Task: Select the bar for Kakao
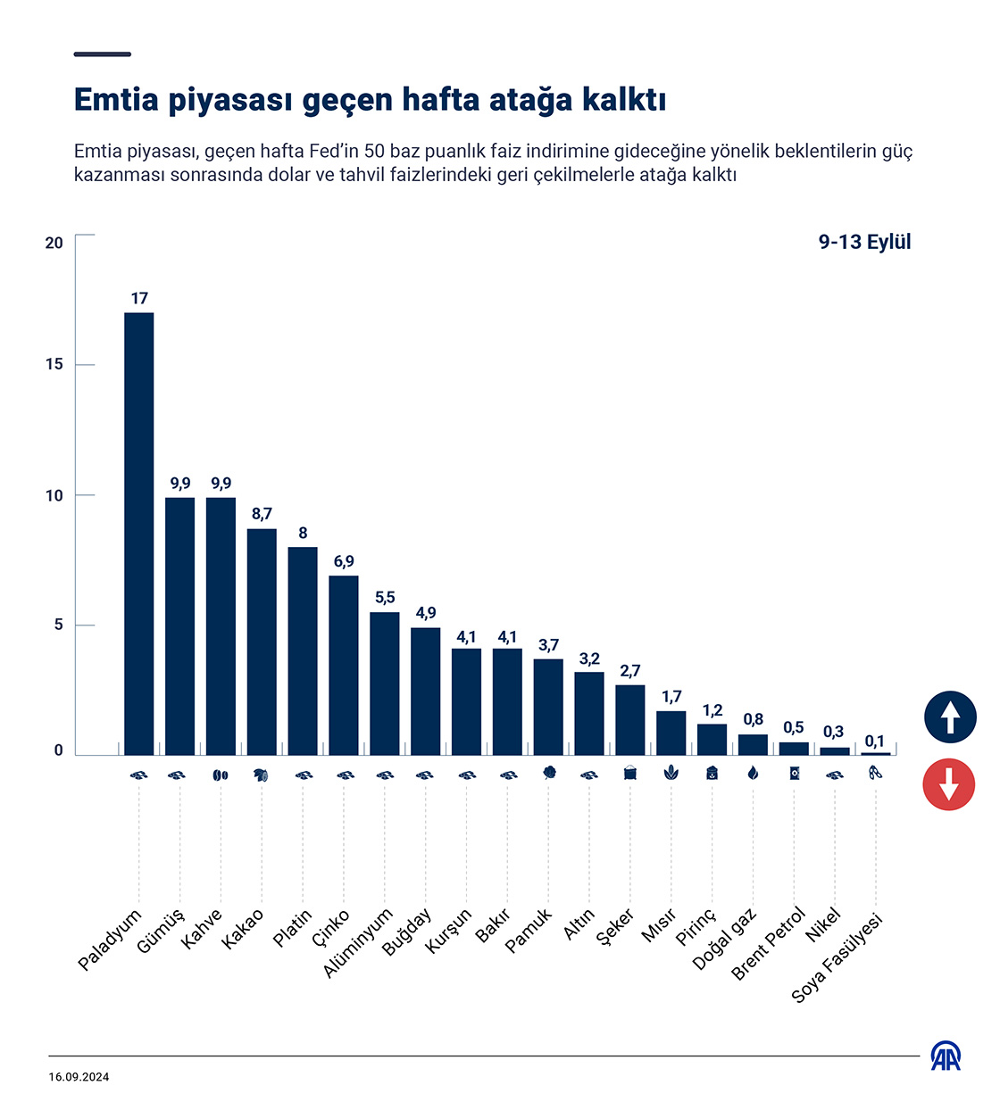point(262,642)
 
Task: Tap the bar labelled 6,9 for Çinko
point(344,665)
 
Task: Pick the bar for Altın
point(589,713)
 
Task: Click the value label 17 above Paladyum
point(139,299)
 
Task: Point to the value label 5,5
point(385,598)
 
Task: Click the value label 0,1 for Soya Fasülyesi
point(875,741)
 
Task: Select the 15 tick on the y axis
point(54,365)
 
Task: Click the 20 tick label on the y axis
point(54,243)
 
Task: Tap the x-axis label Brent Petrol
point(769,943)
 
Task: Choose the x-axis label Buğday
point(407,932)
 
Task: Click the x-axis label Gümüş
point(161,931)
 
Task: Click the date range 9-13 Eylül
point(864,242)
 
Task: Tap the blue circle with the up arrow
point(949,717)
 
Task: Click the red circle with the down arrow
point(949,784)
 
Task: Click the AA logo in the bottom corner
point(946,1056)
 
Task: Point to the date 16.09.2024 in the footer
point(79,1077)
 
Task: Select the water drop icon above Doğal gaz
point(753,774)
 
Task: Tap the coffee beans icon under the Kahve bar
point(221,775)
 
